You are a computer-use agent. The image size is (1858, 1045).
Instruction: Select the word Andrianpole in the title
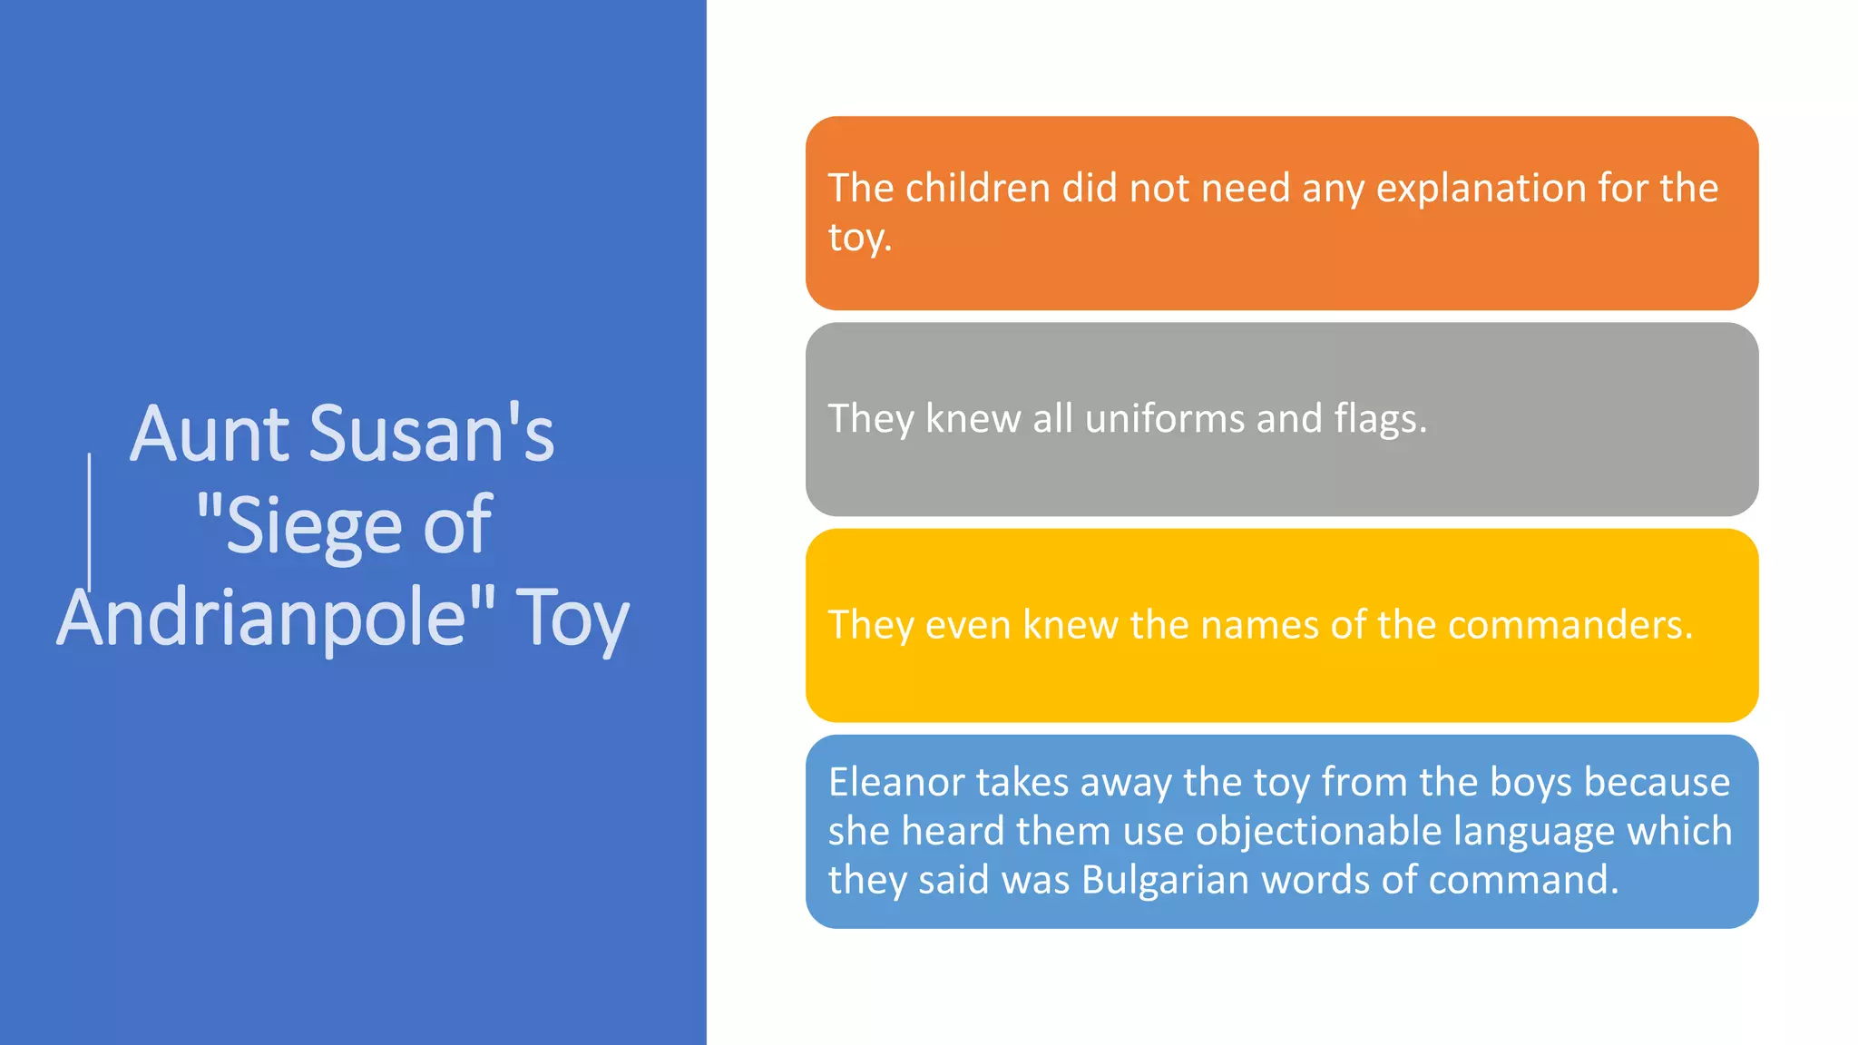tap(262, 618)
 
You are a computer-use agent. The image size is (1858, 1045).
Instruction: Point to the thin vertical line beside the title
tap(89, 522)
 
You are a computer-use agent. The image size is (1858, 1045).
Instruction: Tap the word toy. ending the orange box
tap(859, 238)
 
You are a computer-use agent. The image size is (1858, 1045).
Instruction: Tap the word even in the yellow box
tap(967, 625)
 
